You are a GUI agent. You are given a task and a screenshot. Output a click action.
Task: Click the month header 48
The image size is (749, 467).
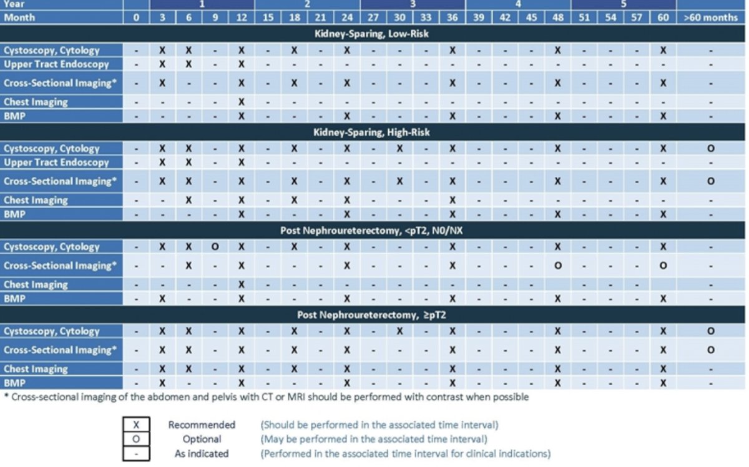tap(558, 18)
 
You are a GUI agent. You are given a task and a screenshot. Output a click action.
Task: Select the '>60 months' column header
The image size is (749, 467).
tap(711, 18)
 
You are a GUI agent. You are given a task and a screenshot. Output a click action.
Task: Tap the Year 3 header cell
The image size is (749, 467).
tap(413, 4)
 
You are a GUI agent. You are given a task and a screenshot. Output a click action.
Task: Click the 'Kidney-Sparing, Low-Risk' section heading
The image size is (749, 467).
tap(371, 34)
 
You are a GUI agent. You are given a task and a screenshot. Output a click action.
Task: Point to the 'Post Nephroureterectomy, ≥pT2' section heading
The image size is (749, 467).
tap(371, 315)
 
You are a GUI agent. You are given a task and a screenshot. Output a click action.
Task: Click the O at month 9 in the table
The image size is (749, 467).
tap(215, 247)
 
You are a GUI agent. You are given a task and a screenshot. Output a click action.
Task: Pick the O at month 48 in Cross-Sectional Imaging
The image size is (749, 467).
tap(558, 266)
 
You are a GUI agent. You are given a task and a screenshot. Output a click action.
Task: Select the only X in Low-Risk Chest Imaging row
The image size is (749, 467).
tap(241, 102)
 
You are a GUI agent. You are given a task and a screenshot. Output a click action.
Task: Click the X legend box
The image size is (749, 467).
tap(136, 424)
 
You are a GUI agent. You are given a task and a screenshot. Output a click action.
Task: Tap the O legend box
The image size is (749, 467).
tap(136, 439)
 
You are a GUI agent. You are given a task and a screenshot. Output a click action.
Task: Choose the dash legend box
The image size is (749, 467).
tap(136, 454)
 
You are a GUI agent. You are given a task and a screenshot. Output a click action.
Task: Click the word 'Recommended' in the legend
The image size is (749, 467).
tap(202, 424)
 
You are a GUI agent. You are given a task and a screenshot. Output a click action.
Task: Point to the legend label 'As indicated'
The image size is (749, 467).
tap(202, 454)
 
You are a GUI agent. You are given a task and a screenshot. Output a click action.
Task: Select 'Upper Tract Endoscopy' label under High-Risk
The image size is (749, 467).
tap(57, 163)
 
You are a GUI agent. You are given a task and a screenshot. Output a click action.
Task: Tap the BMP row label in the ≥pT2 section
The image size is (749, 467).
tap(15, 383)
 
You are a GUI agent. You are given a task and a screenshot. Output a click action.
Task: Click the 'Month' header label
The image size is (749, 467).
tap(19, 18)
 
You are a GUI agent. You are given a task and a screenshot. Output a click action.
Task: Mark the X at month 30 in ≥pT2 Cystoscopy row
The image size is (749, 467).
tap(399, 331)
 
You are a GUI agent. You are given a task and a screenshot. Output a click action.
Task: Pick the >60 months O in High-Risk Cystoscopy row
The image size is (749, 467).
tap(711, 148)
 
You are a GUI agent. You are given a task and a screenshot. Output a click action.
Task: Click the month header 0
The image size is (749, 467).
tap(136, 18)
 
